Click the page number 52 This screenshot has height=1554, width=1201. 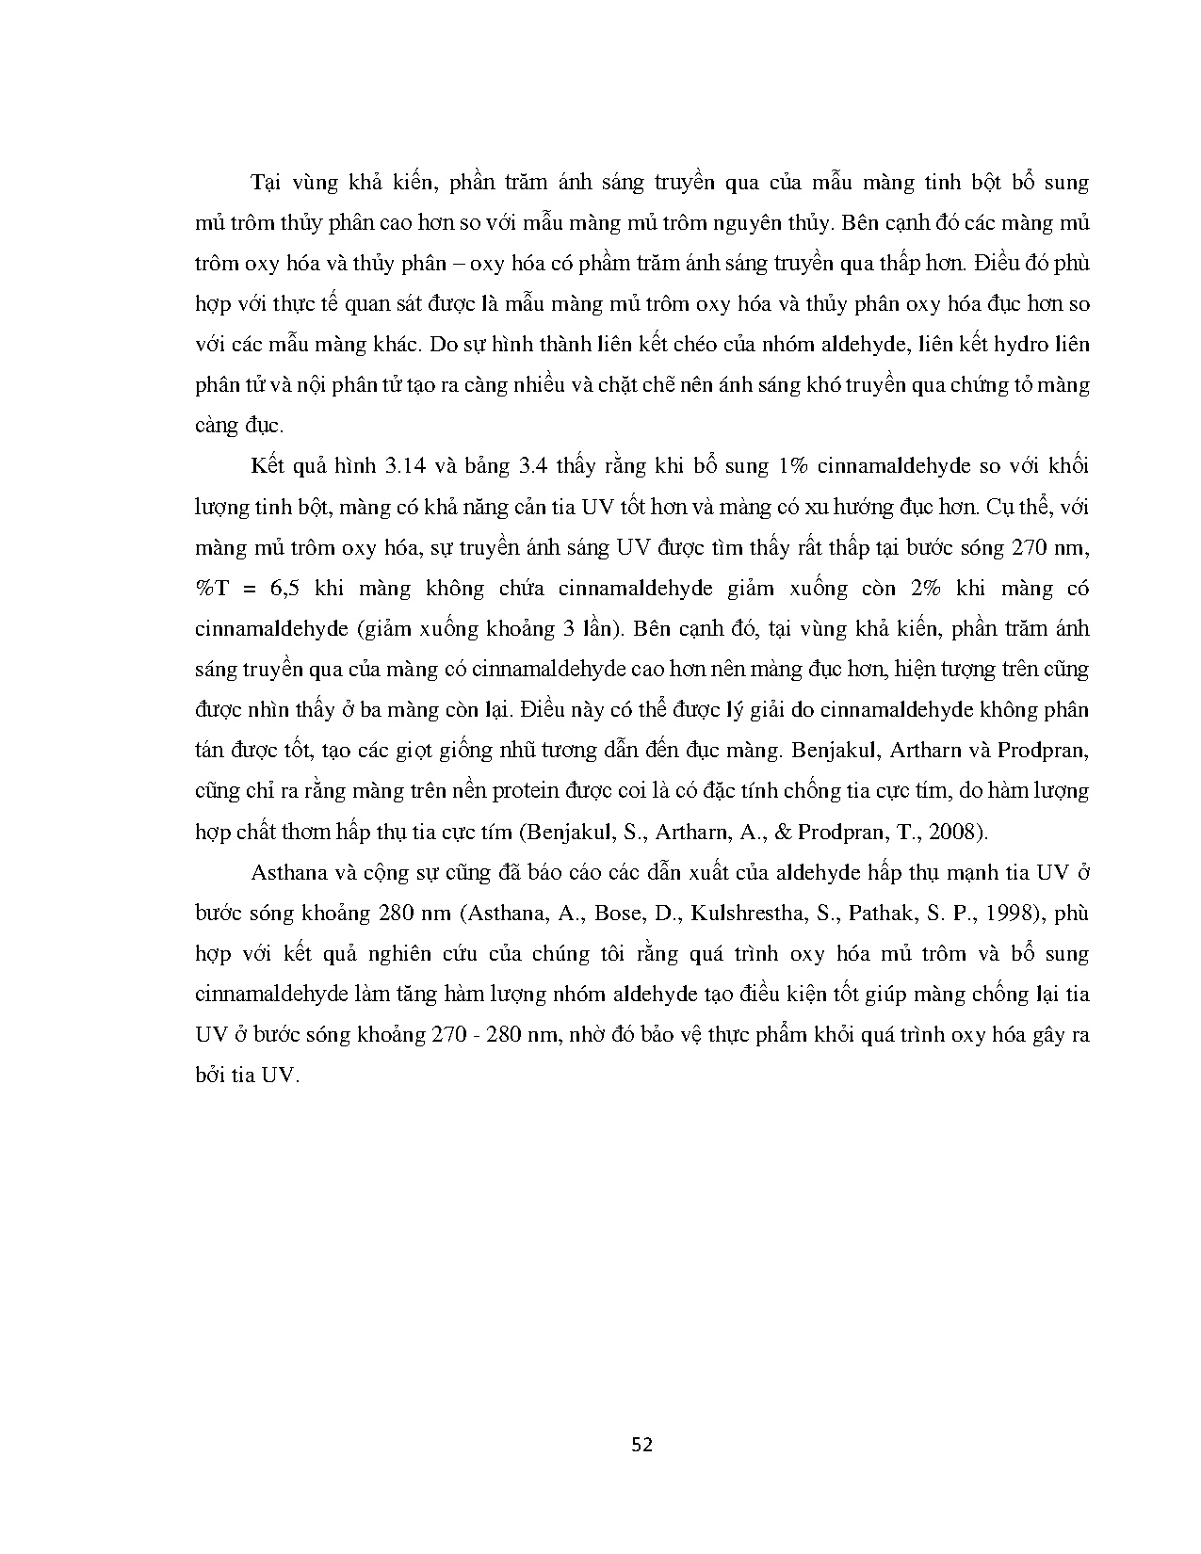642,1445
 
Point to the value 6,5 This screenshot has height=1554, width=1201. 283,589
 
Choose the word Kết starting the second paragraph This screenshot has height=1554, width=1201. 268,467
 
